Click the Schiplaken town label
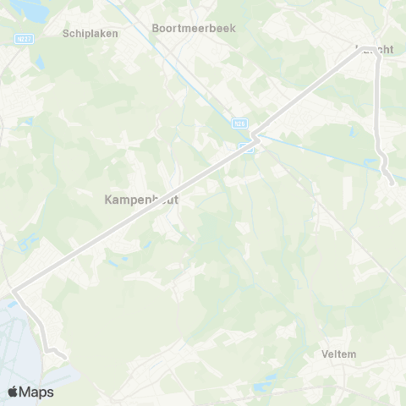tap(90, 34)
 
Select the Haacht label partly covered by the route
tap(375, 50)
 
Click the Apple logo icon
tap(14, 392)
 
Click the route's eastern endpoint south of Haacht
tap(390, 179)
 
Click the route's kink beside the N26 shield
tap(253, 135)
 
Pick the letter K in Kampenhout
tap(107, 200)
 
